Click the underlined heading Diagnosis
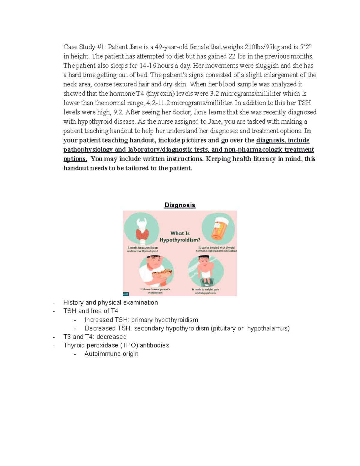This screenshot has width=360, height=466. tap(180, 205)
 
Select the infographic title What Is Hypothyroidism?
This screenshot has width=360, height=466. tap(180, 236)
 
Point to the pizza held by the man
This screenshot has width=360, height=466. tap(162, 273)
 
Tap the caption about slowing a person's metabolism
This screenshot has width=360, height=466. tap(155, 291)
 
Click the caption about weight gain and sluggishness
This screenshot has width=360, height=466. tap(205, 291)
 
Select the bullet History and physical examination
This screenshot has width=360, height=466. tap(110, 302)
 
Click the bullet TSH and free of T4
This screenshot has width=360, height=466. tap(91, 311)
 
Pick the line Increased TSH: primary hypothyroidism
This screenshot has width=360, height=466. tap(141, 320)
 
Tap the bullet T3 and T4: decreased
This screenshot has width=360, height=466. tap(95, 337)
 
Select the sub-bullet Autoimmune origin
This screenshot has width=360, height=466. tap(111, 354)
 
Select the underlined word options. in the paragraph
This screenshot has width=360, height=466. tap(75, 159)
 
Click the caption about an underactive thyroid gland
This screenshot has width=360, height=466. tap(142, 249)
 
